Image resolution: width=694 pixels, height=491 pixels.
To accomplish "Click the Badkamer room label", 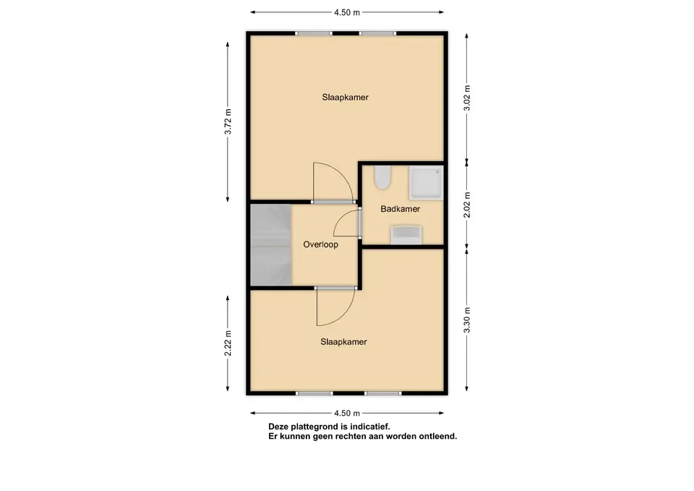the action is point(400,208).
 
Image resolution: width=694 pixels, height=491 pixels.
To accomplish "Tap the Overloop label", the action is point(320,244).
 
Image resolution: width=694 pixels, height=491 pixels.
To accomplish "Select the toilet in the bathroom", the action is point(382,178).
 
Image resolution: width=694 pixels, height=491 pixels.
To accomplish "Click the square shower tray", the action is point(426,183).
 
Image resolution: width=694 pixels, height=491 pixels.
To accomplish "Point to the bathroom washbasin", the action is point(406,234).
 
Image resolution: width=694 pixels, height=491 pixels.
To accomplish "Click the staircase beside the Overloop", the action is point(271,244).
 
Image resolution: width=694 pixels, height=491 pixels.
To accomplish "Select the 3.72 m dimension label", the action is point(228,121).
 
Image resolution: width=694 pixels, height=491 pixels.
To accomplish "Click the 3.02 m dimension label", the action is point(467,98).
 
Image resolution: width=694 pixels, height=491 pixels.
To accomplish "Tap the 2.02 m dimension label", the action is point(467,205).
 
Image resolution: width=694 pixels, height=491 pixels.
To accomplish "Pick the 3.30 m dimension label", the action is point(467,320).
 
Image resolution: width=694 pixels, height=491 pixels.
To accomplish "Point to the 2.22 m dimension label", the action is point(228,343).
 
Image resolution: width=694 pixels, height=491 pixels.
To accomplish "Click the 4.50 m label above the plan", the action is point(347,12).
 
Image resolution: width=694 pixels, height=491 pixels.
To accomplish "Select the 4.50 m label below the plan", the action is point(347,413).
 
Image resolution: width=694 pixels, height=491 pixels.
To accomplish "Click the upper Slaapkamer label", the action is point(346,98).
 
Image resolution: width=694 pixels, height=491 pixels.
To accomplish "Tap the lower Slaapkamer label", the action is point(344,342).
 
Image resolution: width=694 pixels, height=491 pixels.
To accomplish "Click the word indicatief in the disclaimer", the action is point(370,427).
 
